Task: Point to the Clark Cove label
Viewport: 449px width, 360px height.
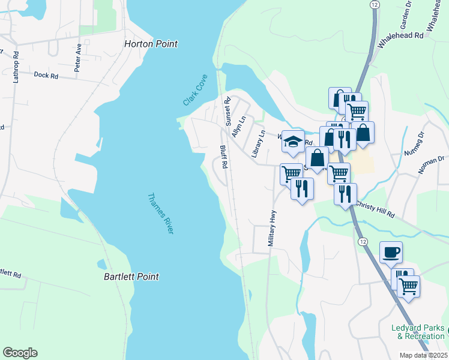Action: (196, 91)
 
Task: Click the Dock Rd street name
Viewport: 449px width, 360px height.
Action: (46, 76)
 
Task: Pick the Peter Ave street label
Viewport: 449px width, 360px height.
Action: (78, 58)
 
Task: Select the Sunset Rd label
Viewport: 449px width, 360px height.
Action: (228, 112)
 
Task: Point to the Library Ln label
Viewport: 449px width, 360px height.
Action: (258, 144)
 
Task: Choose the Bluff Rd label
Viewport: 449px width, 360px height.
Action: (223, 157)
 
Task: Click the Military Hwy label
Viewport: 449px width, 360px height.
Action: (273, 229)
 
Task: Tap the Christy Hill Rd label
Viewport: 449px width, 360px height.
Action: (375, 208)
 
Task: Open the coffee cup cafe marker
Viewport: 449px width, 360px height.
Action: (391, 251)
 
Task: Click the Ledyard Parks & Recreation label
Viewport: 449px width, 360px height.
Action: (418, 332)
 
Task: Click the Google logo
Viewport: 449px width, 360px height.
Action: (20, 353)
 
